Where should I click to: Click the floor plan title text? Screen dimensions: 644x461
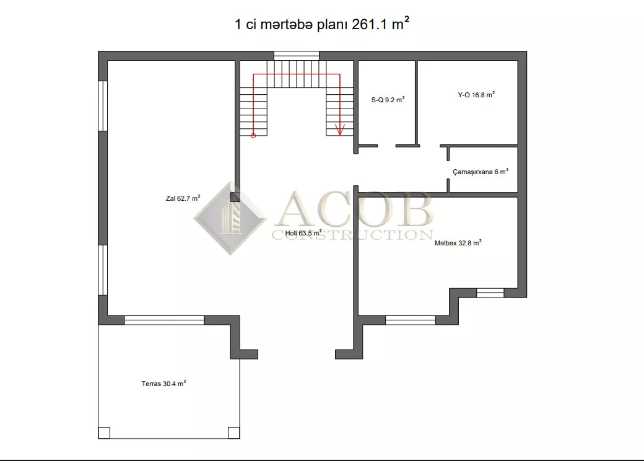click(x=321, y=24)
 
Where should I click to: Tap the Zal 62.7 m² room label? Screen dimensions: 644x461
click(x=183, y=198)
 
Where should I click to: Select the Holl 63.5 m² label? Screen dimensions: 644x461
click(x=303, y=233)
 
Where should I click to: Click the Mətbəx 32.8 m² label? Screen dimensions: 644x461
click(x=458, y=243)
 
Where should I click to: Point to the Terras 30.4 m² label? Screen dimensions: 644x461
click(x=164, y=384)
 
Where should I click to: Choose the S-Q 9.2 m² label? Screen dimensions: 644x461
click(x=388, y=99)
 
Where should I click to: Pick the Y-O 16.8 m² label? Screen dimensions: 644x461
click(x=476, y=95)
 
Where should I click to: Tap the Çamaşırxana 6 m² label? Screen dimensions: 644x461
click(x=481, y=172)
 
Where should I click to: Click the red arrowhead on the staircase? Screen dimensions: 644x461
click(x=340, y=130)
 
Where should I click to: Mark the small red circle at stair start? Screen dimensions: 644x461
click(x=253, y=136)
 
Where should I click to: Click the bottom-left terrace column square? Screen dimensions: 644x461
click(x=104, y=433)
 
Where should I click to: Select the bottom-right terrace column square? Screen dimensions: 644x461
click(x=233, y=433)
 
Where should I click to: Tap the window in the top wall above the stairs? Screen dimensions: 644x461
click(x=297, y=56)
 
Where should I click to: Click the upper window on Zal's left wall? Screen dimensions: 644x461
click(x=103, y=106)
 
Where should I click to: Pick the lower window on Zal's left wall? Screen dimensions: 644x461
click(x=103, y=270)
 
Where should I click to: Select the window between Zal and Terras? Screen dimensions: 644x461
click(x=164, y=320)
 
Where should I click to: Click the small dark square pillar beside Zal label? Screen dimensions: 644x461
click(x=235, y=197)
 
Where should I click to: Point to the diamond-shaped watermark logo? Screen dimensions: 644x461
click(x=230, y=218)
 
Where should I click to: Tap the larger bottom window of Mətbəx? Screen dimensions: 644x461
click(x=411, y=320)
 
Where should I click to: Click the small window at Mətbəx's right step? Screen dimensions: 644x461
click(x=490, y=293)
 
